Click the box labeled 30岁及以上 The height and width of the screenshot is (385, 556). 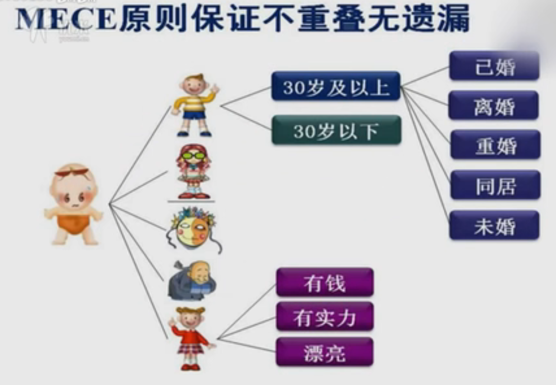pyautogui.click(x=336, y=86)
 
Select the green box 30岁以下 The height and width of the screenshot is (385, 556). pyautogui.click(x=336, y=130)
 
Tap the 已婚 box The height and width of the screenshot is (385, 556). pyautogui.click(x=494, y=66)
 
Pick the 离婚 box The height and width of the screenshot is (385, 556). pyautogui.click(x=494, y=105)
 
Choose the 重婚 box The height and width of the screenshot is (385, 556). pyautogui.click(x=495, y=145)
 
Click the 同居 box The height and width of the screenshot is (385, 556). pyautogui.click(x=495, y=185)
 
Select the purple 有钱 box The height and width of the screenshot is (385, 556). pyautogui.click(x=325, y=282)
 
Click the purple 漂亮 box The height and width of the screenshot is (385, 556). pyautogui.click(x=325, y=351)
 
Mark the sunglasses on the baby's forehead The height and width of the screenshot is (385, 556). pyautogui.click(x=72, y=172)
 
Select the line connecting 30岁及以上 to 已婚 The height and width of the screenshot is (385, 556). pyautogui.click(x=425, y=77)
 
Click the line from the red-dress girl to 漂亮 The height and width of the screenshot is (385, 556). pyautogui.click(x=247, y=345)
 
